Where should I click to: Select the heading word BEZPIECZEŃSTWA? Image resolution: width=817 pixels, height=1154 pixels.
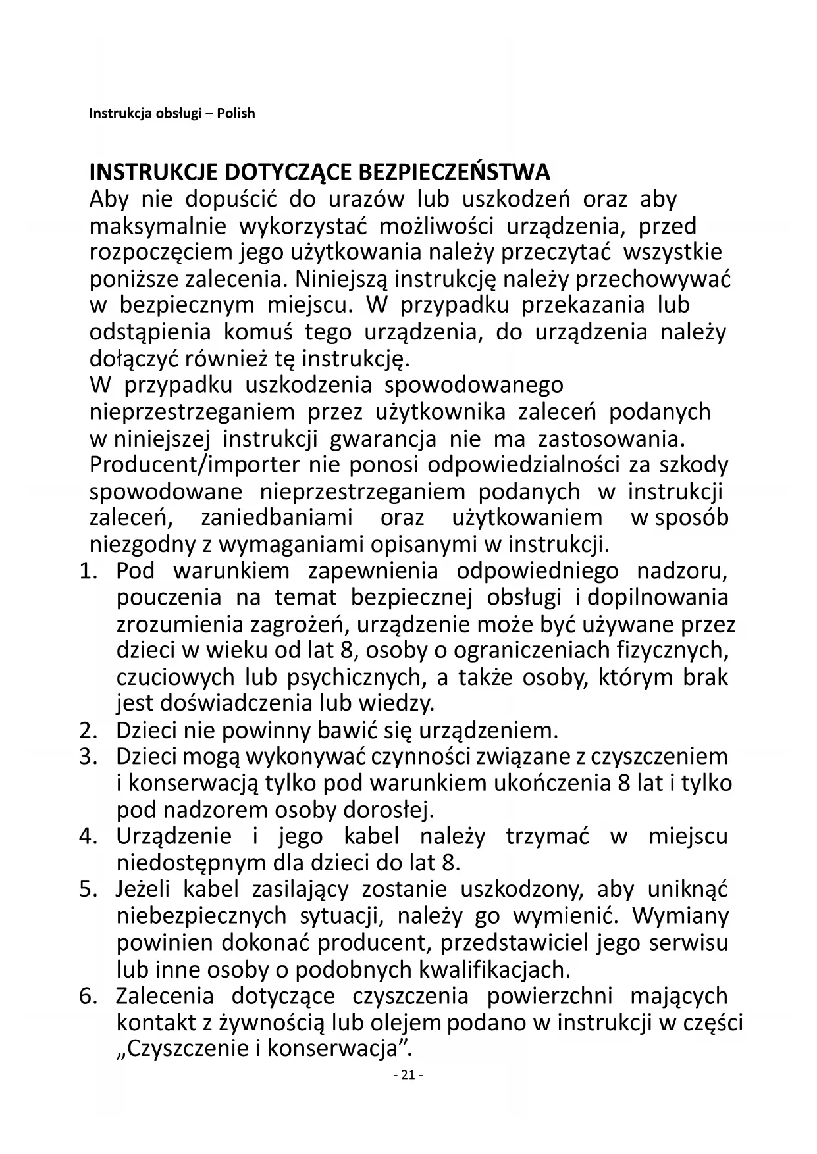click(x=454, y=172)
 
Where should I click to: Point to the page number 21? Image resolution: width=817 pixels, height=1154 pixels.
click(x=408, y=1075)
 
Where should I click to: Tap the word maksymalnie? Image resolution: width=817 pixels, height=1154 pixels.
click(x=157, y=226)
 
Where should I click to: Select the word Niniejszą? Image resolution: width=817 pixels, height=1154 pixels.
click(x=342, y=279)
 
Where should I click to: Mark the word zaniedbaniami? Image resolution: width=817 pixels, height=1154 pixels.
click(x=277, y=518)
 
